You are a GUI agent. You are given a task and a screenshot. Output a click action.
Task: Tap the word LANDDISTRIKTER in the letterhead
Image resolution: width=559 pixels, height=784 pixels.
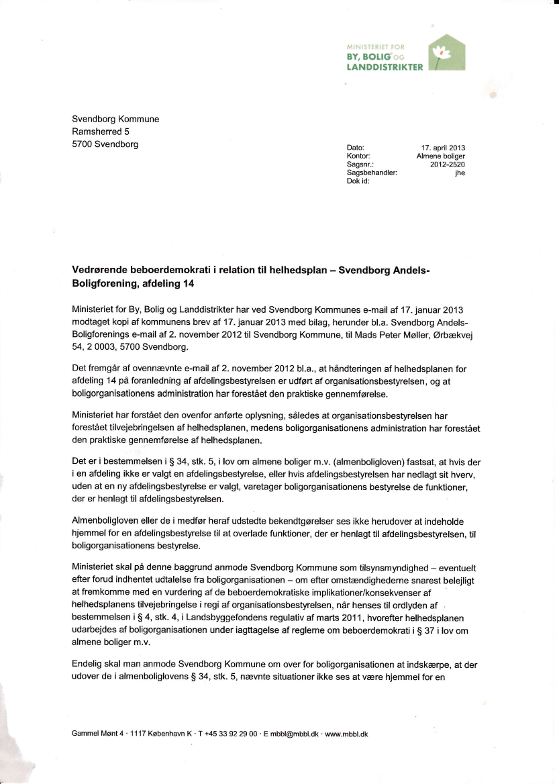pos(385,67)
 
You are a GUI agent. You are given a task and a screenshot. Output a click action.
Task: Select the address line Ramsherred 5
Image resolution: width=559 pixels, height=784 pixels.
pos(101,132)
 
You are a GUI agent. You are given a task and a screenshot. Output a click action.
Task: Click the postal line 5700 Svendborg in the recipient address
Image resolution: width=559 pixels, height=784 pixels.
pos(105,144)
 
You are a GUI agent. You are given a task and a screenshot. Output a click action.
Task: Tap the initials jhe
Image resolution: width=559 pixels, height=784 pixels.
pos(460,173)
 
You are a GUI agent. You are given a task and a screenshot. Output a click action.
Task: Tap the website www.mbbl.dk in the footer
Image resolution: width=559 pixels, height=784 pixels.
pos(346,734)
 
